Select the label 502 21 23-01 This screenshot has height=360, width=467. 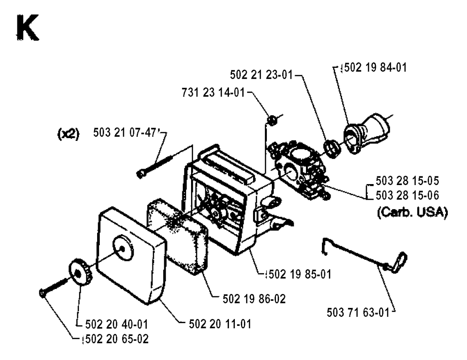click(261, 75)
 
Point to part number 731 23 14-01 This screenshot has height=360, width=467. click(213, 93)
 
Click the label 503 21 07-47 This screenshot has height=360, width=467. click(125, 133)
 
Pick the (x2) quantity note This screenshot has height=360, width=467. click(68, 134)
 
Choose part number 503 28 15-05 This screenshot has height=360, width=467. click(407, 180)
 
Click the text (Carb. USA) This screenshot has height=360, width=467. click(412, 212)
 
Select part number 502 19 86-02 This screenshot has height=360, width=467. click(254, 299)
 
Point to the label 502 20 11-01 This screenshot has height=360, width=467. click(220, 324)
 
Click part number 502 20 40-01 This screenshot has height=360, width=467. click(116, 324)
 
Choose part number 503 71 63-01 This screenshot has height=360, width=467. click(358, 313)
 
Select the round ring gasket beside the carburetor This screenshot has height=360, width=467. click(332, 148)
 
